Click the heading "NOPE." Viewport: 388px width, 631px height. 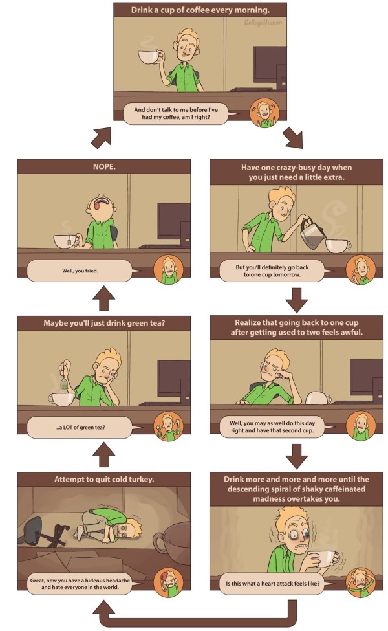[x=104, y=166]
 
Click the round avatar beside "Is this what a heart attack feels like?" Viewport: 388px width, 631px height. [x=358, y=582]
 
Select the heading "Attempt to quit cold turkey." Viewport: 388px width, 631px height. [x=104, y=480]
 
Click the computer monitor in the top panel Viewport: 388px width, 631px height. [x=270, y=65]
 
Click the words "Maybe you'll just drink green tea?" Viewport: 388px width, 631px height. [x=104, y=323]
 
